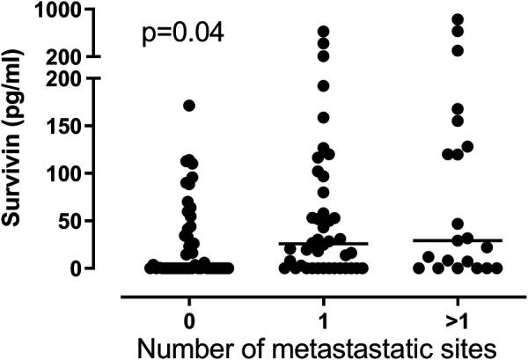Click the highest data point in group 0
coord(189,106)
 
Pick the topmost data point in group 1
coord(323,32)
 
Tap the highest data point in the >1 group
coord(457,18)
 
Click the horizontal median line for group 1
coord(323,243)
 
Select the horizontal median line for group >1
coord(457,240)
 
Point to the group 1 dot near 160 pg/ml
coord(323,117)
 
